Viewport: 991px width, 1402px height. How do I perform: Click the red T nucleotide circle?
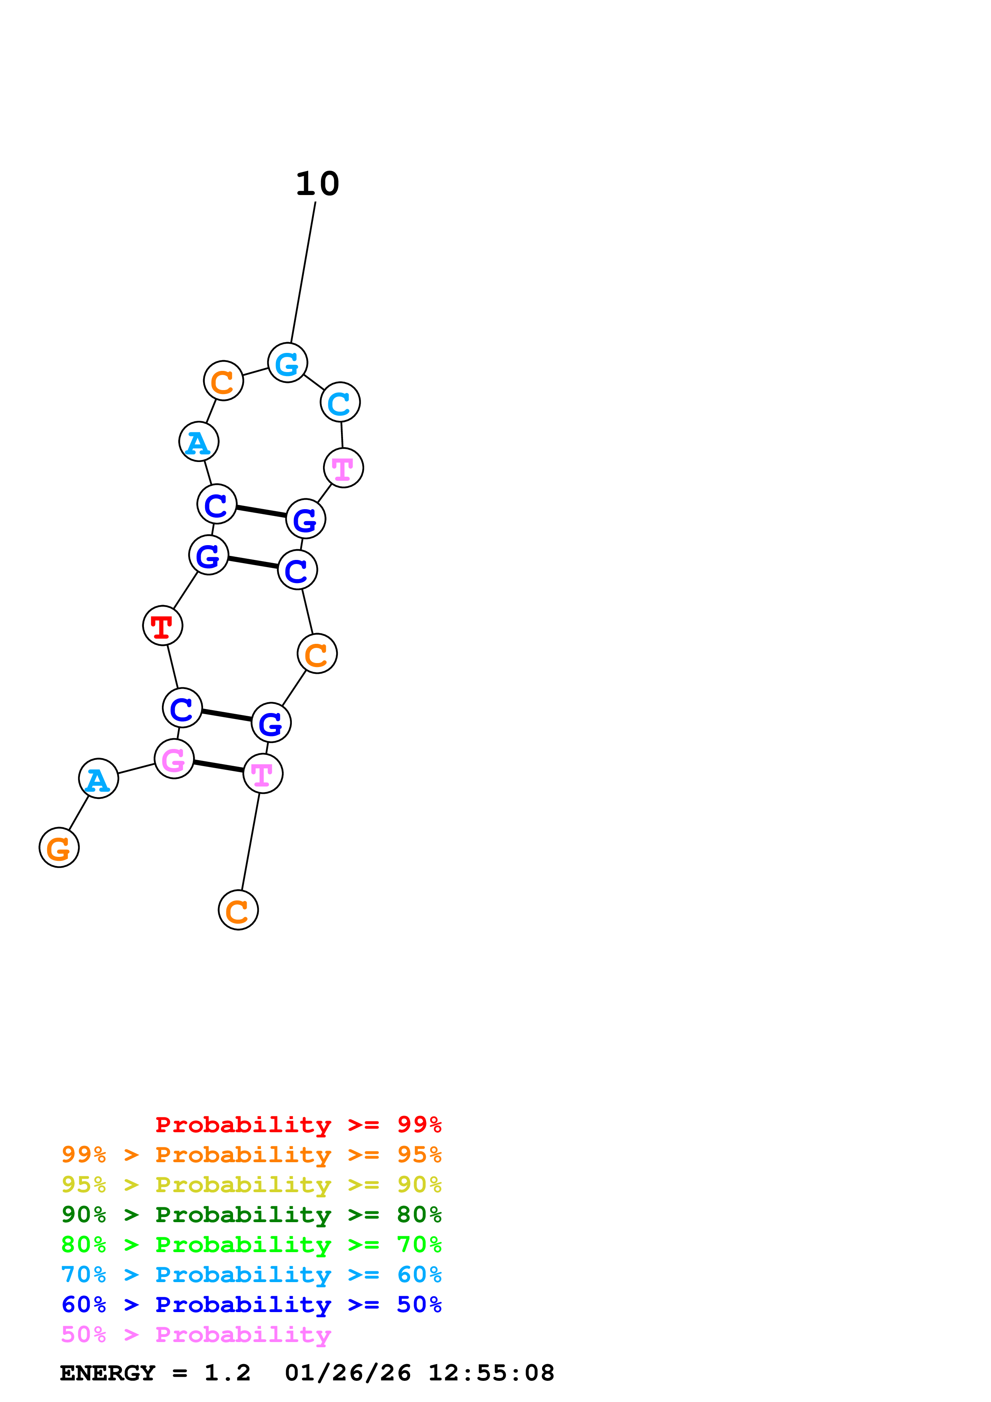162,625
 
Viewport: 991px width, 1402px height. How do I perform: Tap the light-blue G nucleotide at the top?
287,363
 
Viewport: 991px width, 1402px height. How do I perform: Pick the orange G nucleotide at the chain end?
59,848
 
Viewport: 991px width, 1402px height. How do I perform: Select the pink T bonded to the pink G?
263,774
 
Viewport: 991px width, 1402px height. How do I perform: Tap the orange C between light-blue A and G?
223,380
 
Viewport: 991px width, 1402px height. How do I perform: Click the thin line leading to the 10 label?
303,272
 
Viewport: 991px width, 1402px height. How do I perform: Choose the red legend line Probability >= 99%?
298,1125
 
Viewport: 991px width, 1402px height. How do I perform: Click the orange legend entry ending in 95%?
251,1155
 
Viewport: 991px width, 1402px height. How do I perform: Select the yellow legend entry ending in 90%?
251,1185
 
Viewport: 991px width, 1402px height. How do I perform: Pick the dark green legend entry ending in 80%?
251,1215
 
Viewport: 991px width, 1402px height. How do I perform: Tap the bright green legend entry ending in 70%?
251,1245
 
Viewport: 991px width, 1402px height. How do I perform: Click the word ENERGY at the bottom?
108,1373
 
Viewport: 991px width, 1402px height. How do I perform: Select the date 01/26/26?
347,1373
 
